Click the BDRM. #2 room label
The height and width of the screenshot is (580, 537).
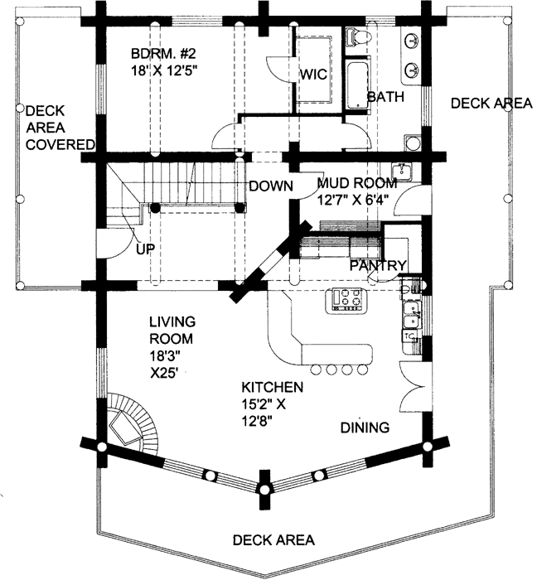163,54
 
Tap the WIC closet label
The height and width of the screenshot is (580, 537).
313,75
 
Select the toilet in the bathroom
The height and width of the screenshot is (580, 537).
358,37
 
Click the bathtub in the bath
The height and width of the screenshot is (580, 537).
358,85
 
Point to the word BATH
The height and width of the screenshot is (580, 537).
385,97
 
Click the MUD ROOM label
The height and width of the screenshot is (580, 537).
357,183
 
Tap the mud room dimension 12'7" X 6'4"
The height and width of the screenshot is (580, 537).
353,200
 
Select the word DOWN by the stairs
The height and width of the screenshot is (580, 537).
271,186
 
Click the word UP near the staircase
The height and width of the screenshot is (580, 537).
145,249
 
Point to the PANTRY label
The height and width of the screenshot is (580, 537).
379,265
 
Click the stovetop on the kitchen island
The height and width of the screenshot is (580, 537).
346,300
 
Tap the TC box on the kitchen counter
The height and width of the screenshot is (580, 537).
409,336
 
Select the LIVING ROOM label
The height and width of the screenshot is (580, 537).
172,331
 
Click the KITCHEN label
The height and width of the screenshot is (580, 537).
273,387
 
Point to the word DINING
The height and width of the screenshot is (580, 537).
365,428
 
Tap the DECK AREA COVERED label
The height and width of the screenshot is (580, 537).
60,128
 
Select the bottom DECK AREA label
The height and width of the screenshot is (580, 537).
273,540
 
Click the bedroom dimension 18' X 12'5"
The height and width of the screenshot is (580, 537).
162,70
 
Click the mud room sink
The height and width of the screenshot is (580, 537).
401,172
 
